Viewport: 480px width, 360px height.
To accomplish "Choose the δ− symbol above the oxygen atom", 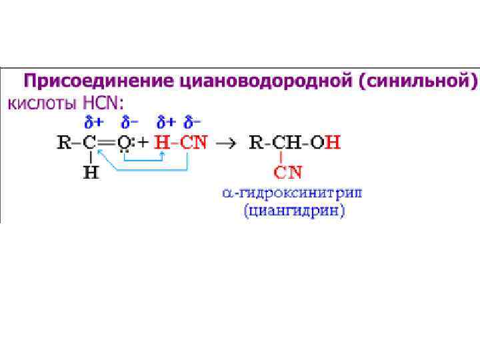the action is pyautogui.click(x=130, y=122).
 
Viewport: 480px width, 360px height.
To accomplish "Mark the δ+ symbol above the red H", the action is pyautogui.click(x=165, y=122).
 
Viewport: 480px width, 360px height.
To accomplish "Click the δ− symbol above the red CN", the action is pyautogui.click(x=193, y=122).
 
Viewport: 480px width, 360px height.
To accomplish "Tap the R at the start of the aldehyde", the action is pyautogui.click(x=64, y=142).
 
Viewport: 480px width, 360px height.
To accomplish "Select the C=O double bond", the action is pyautogui.click(x=109, y=142).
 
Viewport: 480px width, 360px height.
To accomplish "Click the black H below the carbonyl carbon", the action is pyautogui.click(x=91, y=173).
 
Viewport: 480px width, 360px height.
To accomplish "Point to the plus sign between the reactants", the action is pyautogui.click(x=142, y=142).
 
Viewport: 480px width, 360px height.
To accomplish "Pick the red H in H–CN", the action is pyautogui.click(x=161, y=142).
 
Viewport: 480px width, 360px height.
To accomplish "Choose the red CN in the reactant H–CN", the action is pyautogui.click(x=194, y=142).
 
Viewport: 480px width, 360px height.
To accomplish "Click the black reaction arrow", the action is pyautogui.click(x=228, y=143).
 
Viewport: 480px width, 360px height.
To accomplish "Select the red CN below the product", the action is pyautogui.click(x=288, y=173).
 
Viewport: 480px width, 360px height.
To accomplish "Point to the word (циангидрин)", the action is pyautogui.click(x=294, y=212).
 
